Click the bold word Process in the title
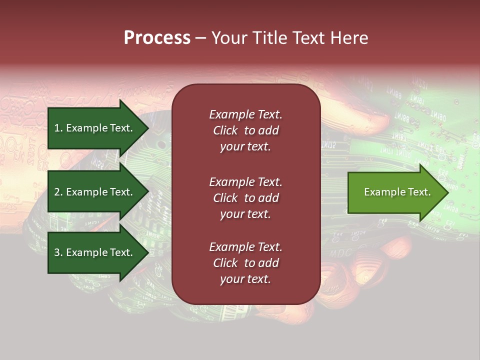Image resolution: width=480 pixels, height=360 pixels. [x=157, y=38]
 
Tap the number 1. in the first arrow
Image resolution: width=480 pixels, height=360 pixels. [x=58, y=128]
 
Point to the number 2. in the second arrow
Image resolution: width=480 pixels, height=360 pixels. [x=58, y=192]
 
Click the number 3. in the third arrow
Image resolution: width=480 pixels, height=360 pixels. [x=58, y=252]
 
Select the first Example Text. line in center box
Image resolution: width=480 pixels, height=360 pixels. [x=245, y=114]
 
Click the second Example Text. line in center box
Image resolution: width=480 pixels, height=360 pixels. [x=245, y=182]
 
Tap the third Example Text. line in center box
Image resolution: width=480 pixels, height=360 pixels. [x=245, y=247]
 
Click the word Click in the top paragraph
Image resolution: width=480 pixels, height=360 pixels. [x=225, y=130]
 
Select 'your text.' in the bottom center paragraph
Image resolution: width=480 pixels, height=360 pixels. [x=245, y=279]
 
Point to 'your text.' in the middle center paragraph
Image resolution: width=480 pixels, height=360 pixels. [x=245, y=214]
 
